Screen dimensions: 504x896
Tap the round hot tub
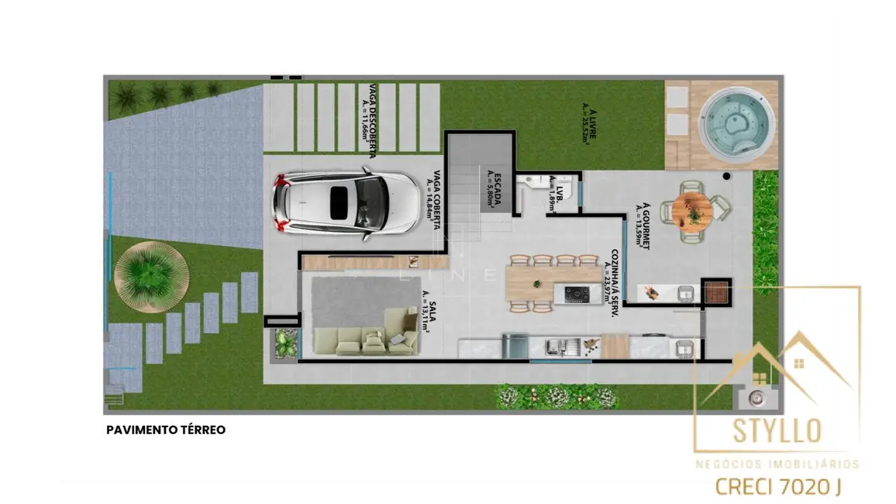736,124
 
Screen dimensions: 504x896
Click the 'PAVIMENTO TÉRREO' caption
166,430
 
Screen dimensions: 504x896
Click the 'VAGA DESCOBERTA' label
368,120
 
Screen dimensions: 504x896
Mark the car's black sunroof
339,202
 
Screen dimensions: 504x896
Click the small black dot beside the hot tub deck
726,177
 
